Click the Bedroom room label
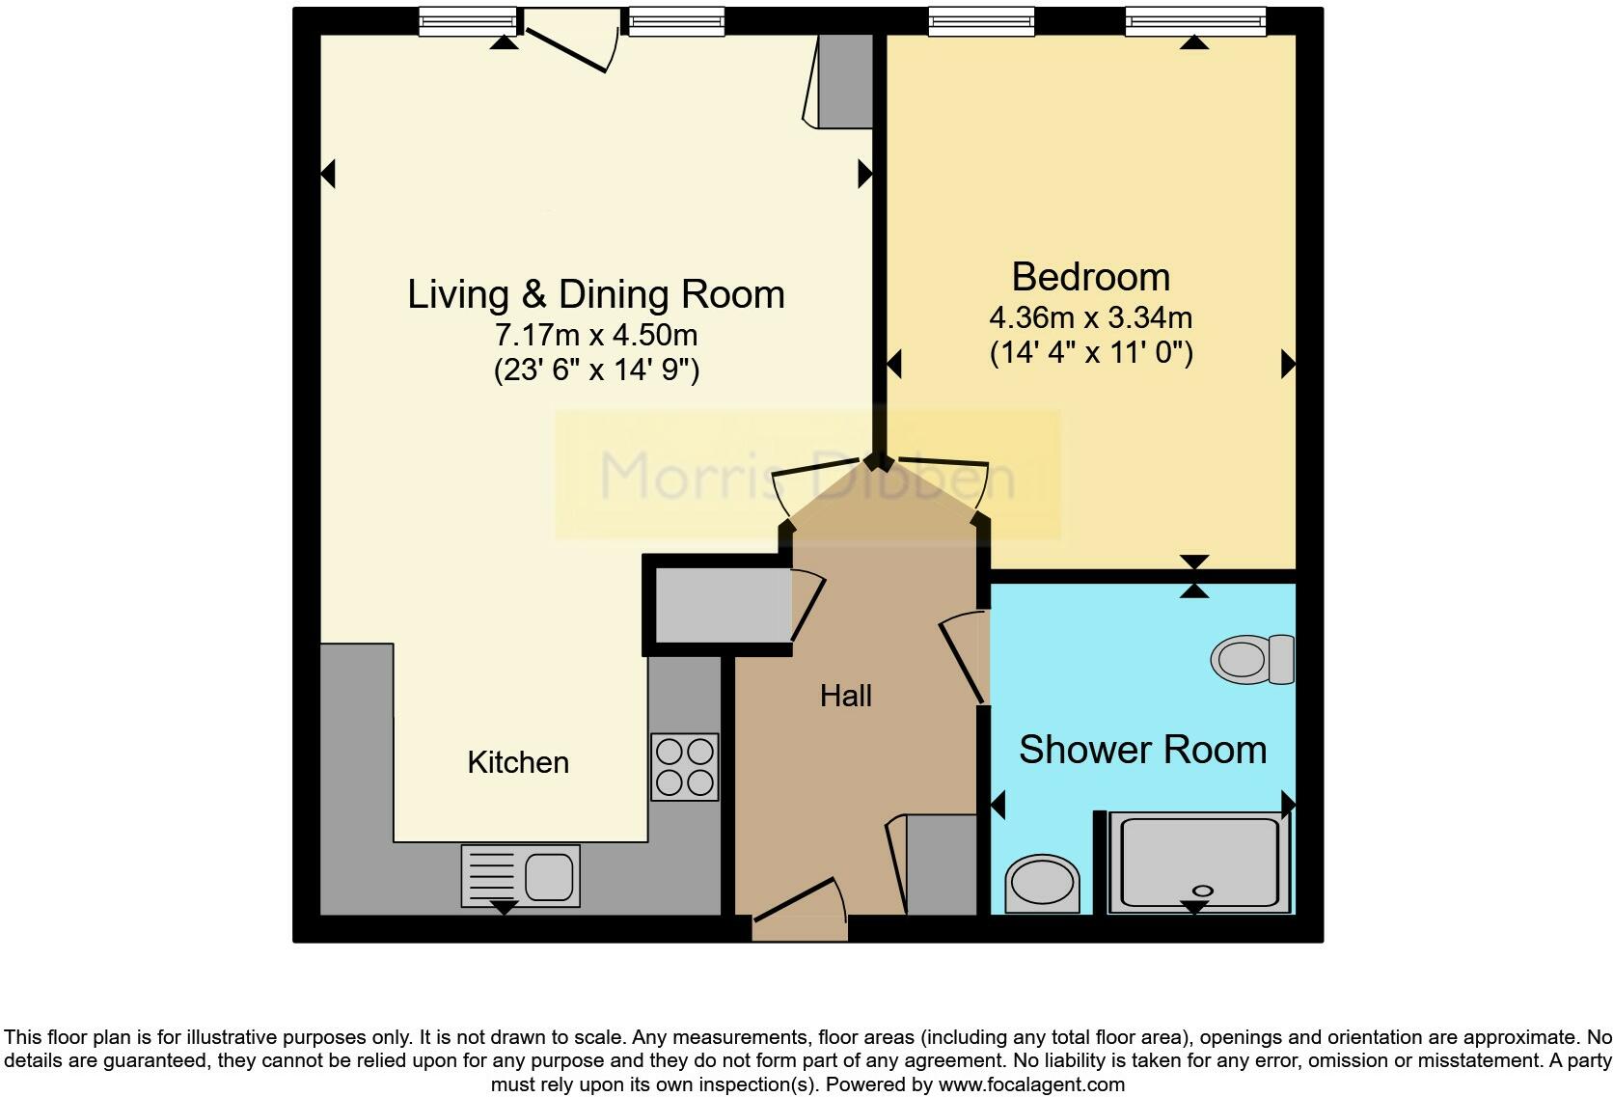click(x=1090, y=277)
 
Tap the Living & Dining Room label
click(x=595, y=294)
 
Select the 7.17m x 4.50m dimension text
click(x=595, y=335)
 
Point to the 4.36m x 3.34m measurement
click(x=1090, y=316)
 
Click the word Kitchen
click(x=518, y=762)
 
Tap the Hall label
click(x=846, y=696)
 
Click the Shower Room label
click(x=1142, y=750)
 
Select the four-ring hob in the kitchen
click(x=685, y=767)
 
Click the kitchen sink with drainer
click(x=521, y=876)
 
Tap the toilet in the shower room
click(x=1252, y=660)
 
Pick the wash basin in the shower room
click(x=1042, y=884)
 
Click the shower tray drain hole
click(x=1202, y=890)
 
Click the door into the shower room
click(x=963, y=659)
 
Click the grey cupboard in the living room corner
click(x=845, y=82)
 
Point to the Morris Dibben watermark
click(x=807, y=475)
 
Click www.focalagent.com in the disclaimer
click(x=1031, y=1084)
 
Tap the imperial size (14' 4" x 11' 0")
click(x=1091, y=352)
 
